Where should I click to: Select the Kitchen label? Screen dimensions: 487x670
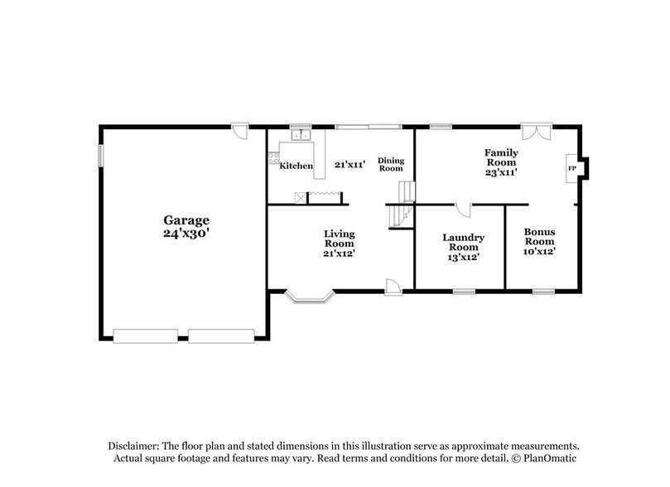click(296, 166)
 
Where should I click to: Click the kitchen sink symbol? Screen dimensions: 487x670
click(299, 133)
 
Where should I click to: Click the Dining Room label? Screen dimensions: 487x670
click(390, 164)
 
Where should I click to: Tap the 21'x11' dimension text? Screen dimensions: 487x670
click(350, 165)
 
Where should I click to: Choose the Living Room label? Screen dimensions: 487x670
click(339, 239)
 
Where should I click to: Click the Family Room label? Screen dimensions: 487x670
click(501, 157)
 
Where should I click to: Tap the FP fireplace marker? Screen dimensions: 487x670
click(571, 168)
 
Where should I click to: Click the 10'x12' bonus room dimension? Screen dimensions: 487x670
click(540, 252)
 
